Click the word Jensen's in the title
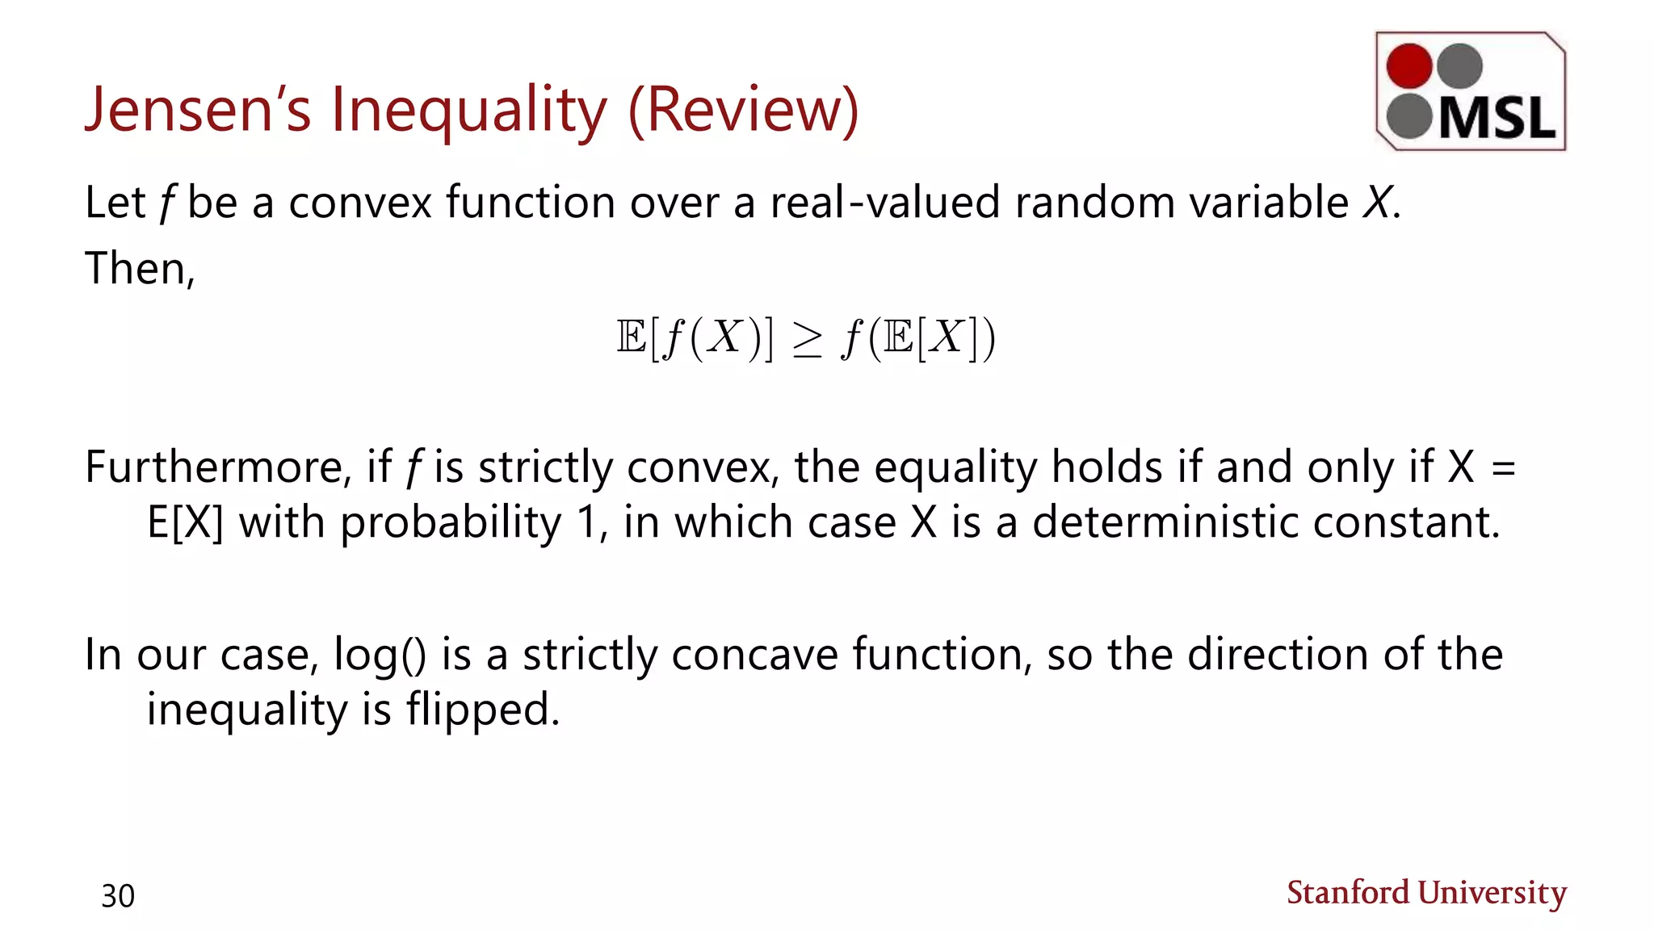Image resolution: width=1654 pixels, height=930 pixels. coord(198,110)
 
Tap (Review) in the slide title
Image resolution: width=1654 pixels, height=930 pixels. coord(743,110)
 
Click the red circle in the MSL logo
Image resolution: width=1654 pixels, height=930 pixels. coord(1409,65)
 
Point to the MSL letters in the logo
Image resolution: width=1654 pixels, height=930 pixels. coord(1497,119)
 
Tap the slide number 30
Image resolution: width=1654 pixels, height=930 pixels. coord(118,896)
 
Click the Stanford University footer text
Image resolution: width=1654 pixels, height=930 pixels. coord(1426,893)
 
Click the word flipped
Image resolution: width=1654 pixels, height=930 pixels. coord(482,710)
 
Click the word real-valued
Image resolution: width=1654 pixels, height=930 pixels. coord(885,202)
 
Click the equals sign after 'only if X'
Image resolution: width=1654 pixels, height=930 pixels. coord(1503,468)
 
